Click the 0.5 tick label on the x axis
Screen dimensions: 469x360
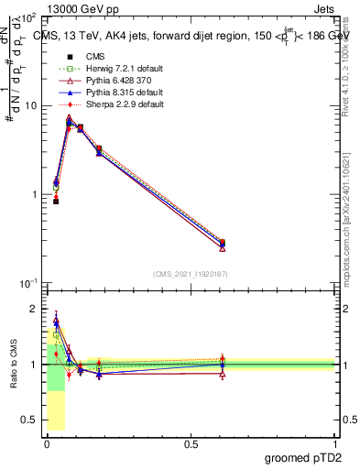pos(191,443)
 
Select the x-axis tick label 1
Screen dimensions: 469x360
pos(335,443)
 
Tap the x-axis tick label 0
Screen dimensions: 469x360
pos(47,443)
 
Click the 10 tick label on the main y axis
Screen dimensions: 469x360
pos(28,105)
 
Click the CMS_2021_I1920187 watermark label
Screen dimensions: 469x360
pos(191,273)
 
